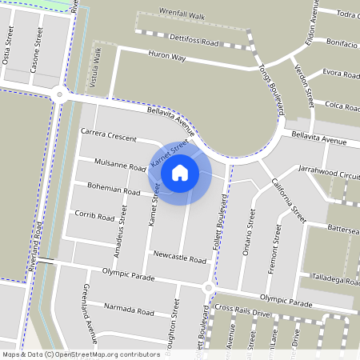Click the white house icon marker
(180, 172)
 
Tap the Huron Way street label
(167, 58)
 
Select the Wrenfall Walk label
(182, 15)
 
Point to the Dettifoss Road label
(194, 38)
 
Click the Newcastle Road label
(179, 260)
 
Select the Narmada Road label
(128, 310)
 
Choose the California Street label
(288, 201)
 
